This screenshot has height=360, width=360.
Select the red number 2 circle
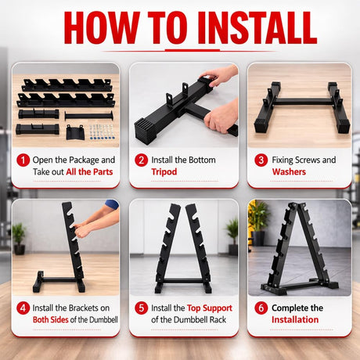(x=141, y=160)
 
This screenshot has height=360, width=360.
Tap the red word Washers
(x=289, y=172)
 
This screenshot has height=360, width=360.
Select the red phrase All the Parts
(x=88, y=172)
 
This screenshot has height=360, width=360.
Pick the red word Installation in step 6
(x=295, y=319)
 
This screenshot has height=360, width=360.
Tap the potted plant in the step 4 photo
(x=18, y=234)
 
